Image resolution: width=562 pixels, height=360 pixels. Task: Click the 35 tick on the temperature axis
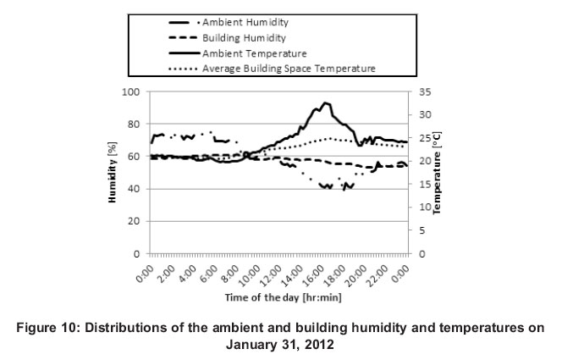click(x=424, y=91)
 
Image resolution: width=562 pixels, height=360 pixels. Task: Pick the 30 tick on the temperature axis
click(x=424, y=114)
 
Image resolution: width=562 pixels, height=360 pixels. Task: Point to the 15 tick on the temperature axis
click(x=424, y=184)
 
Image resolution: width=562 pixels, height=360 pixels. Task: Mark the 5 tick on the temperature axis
click(x=421, y=230)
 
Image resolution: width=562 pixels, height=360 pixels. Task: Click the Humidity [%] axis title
click(x=113, y=174)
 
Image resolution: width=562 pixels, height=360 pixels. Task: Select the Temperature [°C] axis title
click(x=438, y=174)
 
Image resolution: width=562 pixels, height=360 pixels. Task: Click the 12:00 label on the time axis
click(x=270, y=274)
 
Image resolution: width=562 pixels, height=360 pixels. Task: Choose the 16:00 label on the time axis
click(x=313, y=274)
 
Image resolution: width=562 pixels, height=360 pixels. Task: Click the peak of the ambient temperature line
click(x=325, y=103)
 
